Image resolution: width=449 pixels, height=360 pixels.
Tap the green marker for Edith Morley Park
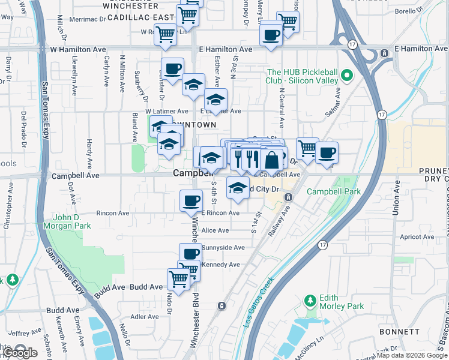[x=310, y=299]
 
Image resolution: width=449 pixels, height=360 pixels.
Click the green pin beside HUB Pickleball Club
[x=346, y=76]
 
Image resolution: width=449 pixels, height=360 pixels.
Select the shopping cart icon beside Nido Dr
[x=178, y=278]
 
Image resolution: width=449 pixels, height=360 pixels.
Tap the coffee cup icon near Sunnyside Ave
[x=190, y=253]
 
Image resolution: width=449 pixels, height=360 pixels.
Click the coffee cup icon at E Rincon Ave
[x=191, y=200]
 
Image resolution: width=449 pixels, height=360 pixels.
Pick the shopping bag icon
[x=271, y=160]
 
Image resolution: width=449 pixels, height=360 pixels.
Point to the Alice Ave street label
[x=215, y=230]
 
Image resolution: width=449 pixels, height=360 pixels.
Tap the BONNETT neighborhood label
[x=400, y=332]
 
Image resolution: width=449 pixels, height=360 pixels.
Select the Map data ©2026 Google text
[x=412, y=355]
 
